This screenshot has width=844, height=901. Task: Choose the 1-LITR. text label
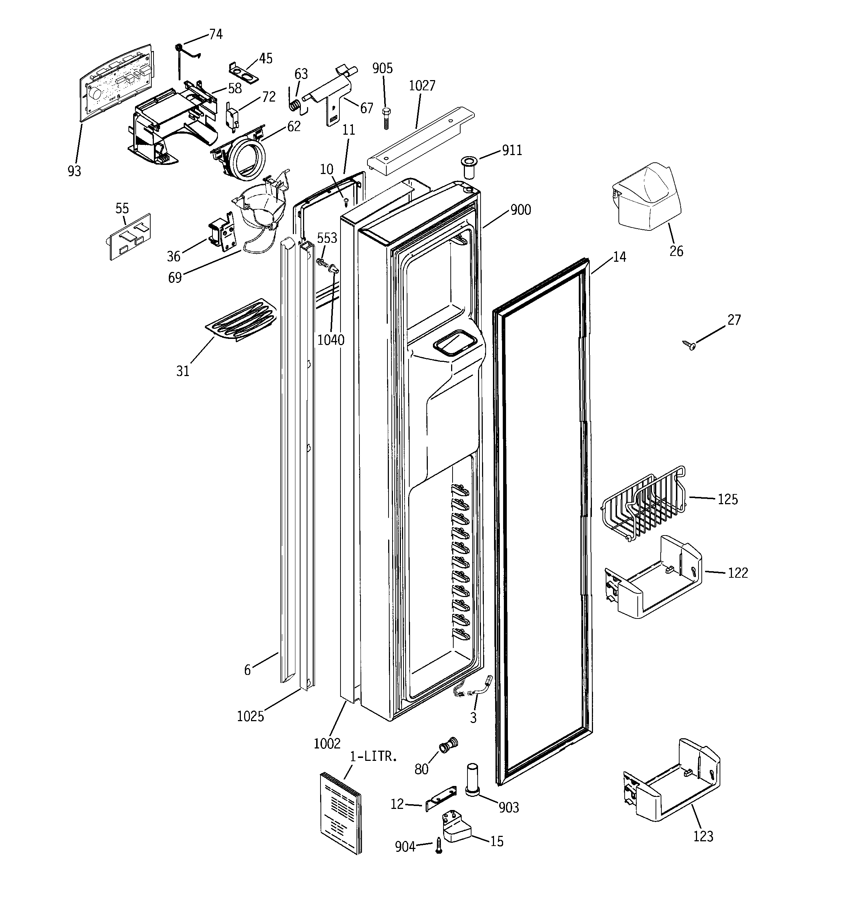(373, 756)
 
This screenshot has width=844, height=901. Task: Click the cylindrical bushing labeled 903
(473, 779)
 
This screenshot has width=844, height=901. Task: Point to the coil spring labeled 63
(294, 105)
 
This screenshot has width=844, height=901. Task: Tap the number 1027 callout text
(422, 86)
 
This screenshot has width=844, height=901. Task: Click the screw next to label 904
(438, 845)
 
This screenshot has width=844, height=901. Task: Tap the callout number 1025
(250, 716)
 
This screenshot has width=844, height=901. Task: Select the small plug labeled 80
(448, 744)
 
